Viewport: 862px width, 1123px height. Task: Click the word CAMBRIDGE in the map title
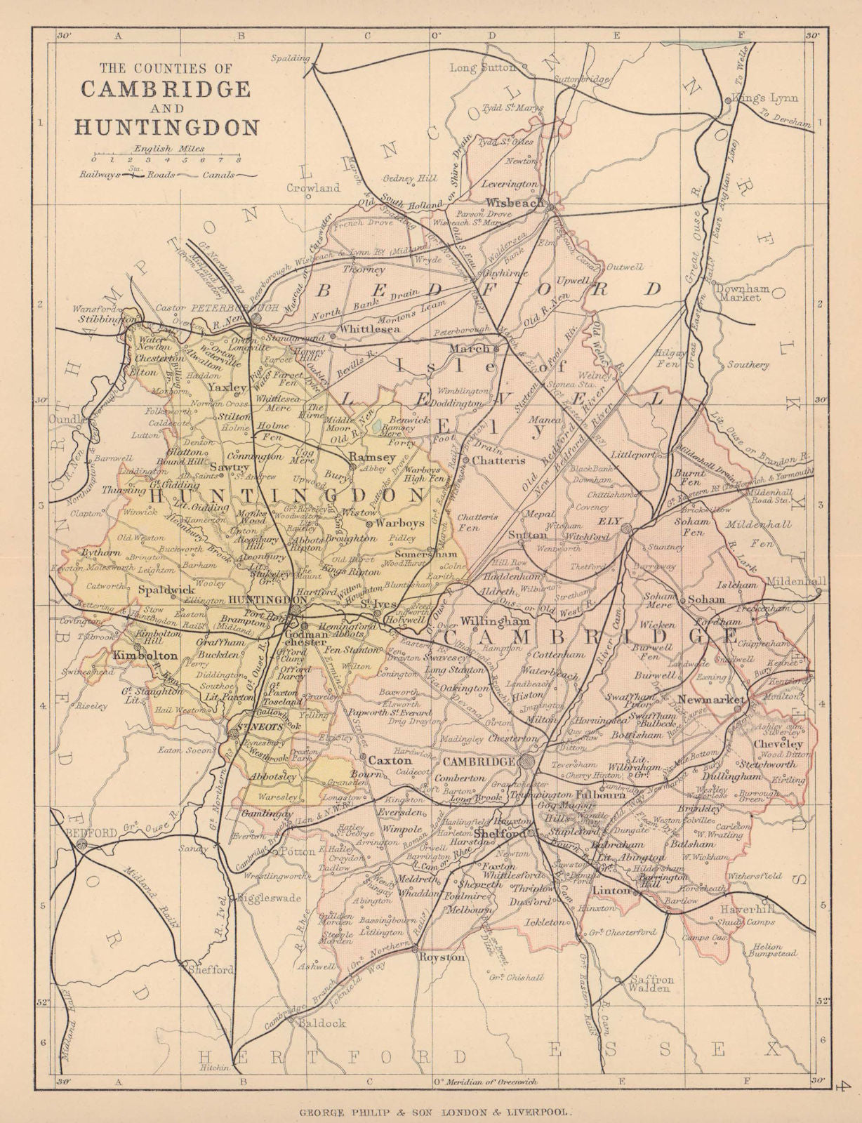tap(166, 89)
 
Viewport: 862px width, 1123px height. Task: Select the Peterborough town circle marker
tap(258, 318)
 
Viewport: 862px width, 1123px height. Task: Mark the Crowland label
tap(313, 188)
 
